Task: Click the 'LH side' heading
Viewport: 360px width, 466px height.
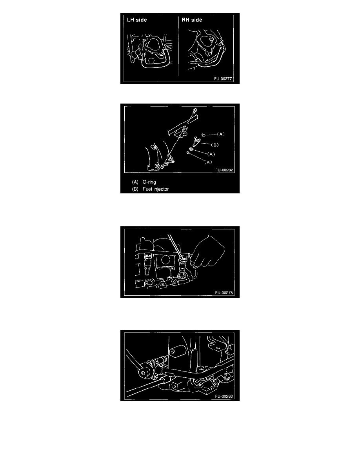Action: point(137,20)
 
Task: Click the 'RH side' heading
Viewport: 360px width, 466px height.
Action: point(192,20)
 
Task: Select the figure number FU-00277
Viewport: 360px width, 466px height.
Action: point(223,79)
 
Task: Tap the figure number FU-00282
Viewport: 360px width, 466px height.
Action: point(224,170)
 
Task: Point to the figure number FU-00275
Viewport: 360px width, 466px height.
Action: point(224,293)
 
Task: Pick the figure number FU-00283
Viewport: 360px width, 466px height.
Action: point(224,396)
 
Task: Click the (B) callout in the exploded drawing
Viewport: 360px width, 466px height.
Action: point(215,145)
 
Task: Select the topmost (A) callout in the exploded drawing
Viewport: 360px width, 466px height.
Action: point(221,134)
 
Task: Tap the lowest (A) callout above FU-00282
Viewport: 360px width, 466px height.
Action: point(208,162)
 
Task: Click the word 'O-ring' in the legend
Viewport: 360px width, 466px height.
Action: point(149,182)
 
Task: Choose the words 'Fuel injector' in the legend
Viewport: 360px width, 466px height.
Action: point(156,189)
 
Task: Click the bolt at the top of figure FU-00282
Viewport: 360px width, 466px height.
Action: point(195,111)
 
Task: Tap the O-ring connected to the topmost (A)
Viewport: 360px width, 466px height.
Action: point(203,135)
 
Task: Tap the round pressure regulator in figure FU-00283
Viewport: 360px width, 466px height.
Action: point(145,373)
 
